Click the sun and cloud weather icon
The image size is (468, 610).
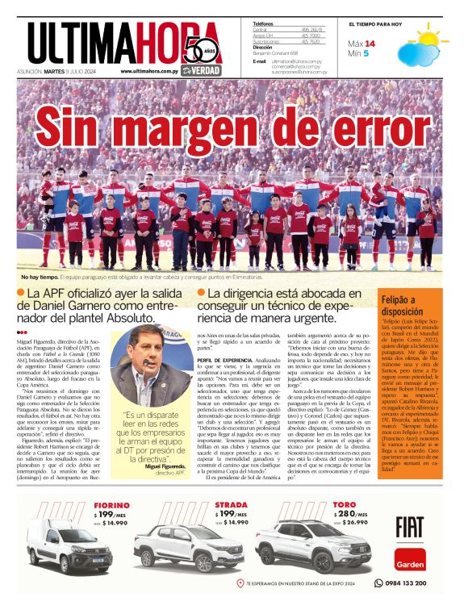coord(427,40)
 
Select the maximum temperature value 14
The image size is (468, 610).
coord(370,43)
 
